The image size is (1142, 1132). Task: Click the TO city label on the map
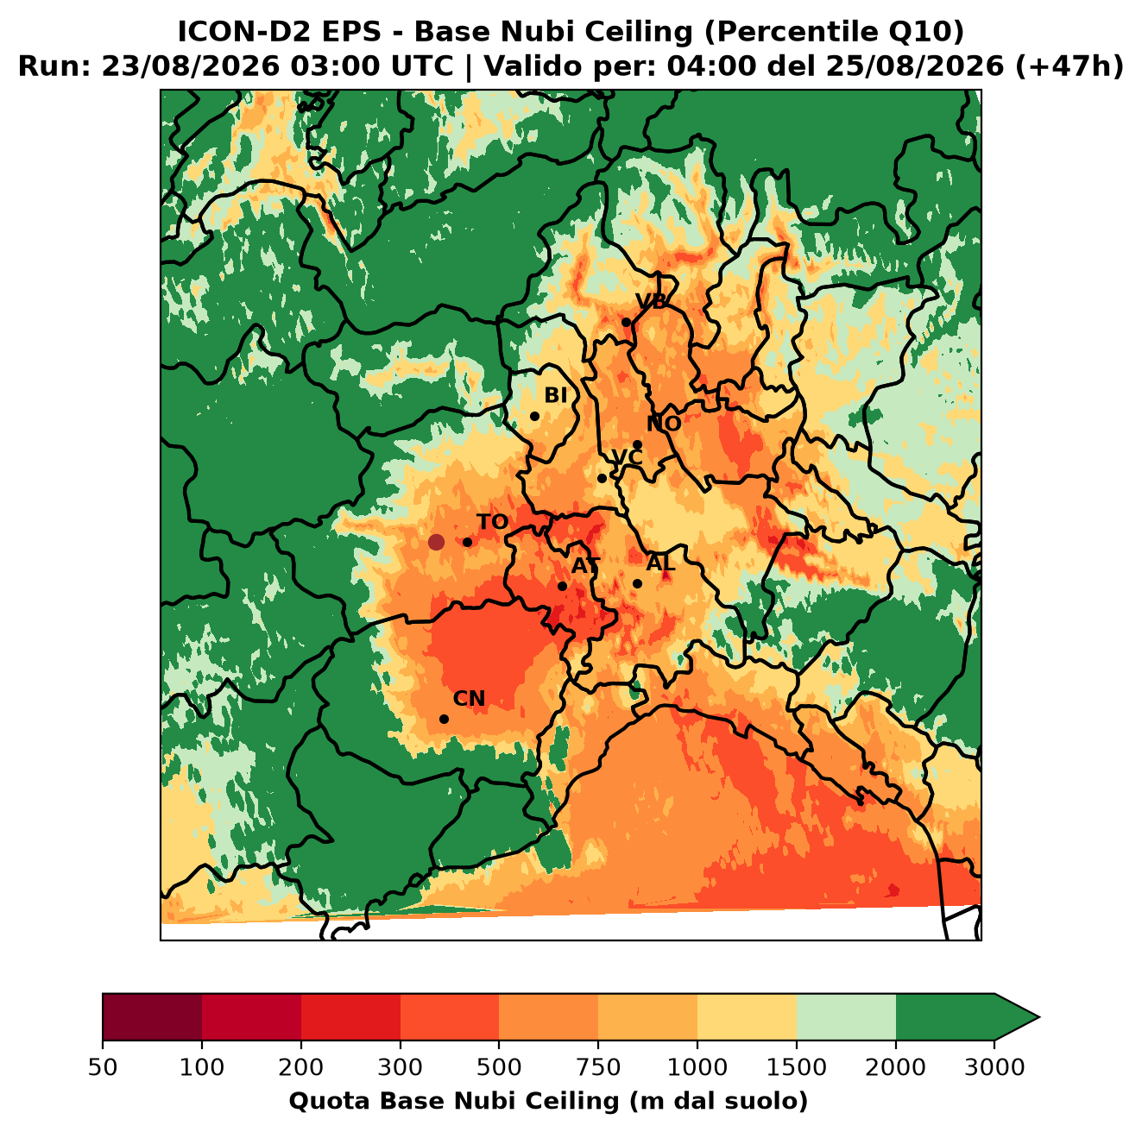(492, 522)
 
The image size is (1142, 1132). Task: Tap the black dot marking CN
(444, 719)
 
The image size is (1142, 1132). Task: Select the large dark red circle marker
(436, 542)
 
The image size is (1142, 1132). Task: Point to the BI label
(555, 395)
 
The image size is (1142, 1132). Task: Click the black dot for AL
(637, 583)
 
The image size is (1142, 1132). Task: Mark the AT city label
(585, 566)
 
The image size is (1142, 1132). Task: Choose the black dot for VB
(626, 322)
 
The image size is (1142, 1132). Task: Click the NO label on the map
(664, 424)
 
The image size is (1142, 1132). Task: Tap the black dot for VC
(602, 478)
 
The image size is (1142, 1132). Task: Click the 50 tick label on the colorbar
(103, 1067)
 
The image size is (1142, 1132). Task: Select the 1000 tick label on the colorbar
(697, 1067)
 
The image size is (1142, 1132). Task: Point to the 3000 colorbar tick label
(994, 1067)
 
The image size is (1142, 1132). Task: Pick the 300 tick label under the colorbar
(400, 1067)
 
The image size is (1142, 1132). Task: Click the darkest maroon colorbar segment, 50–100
(152, 1016)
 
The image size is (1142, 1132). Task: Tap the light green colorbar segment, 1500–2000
(846, 1016)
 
